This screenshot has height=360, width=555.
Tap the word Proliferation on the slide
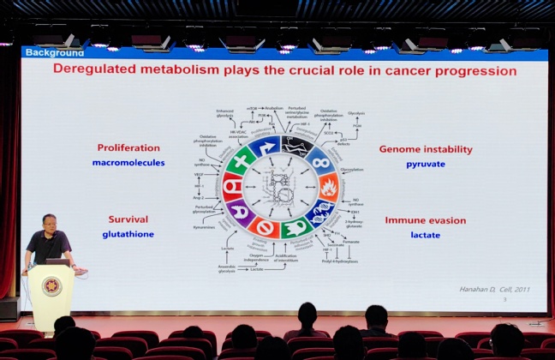128,147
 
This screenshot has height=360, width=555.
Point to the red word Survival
128,219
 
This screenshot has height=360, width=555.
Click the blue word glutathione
128,233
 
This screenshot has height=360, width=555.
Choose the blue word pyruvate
425,163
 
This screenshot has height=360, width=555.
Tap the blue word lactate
425,233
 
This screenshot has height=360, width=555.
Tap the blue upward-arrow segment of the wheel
266,147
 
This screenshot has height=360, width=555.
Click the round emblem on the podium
51,286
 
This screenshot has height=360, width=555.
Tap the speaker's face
48,225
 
